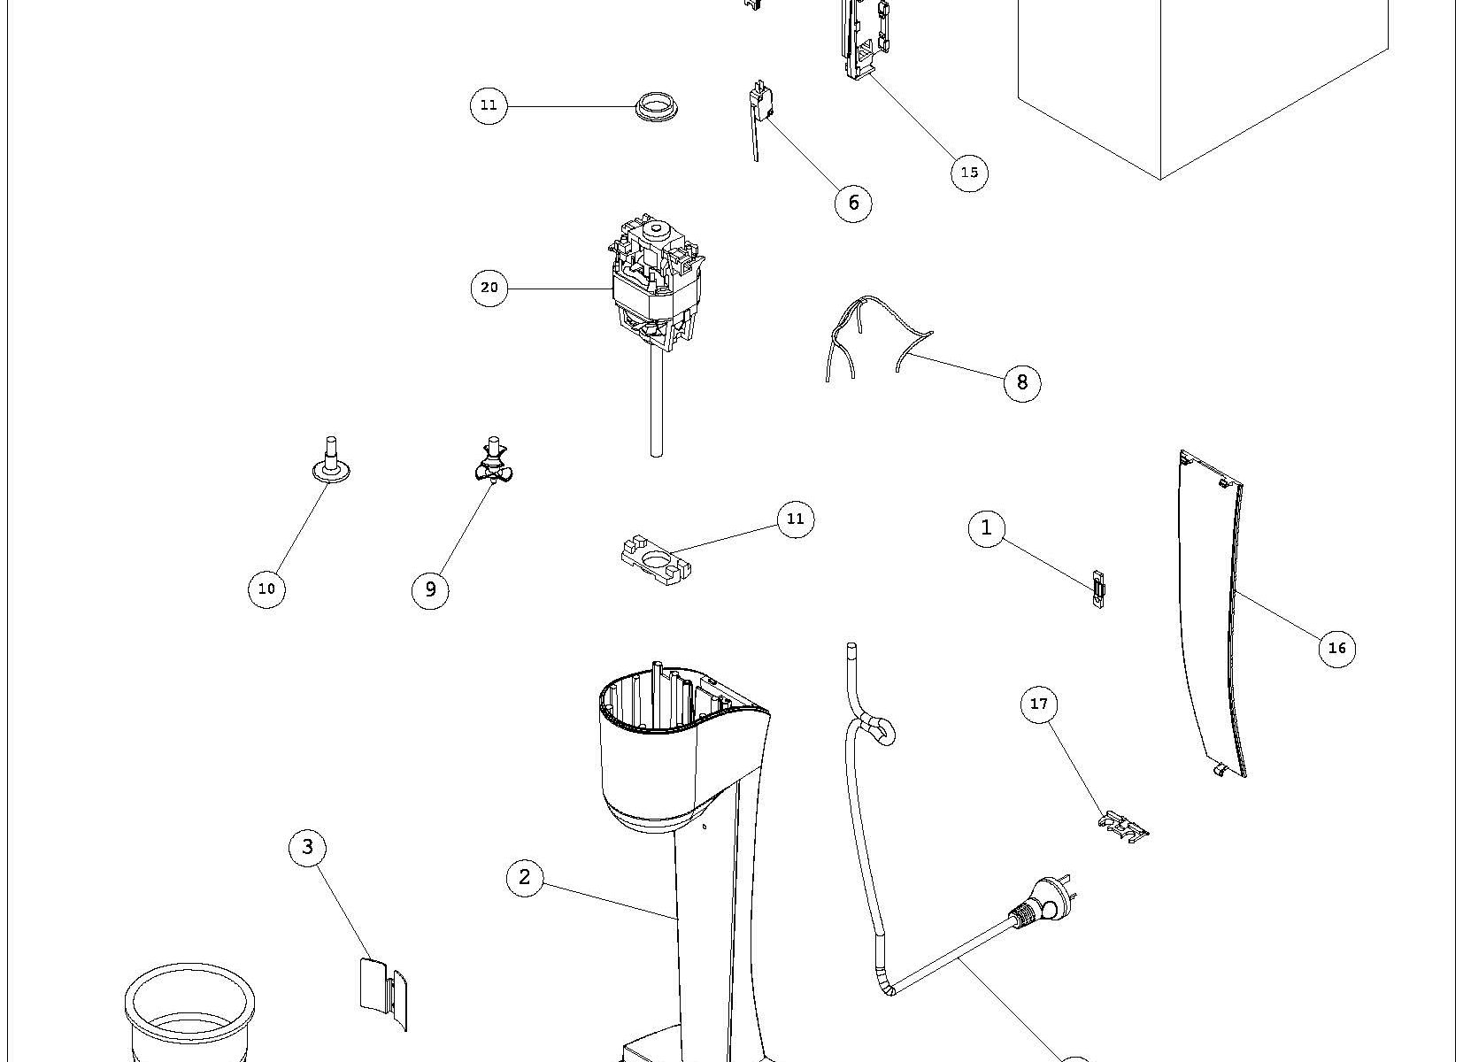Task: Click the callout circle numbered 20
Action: [x=489, y=288]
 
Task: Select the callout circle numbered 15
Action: [x=969, y=172]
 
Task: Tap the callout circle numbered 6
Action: [x=853, y=203]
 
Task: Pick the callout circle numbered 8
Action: [x=1022, y=381]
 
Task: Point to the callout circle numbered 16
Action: [x=1336, y=648]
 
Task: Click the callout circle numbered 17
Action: [x=1039, y=704]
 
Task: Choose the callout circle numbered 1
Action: [x=987, y=528]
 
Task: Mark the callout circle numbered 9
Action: [x=430, y=589]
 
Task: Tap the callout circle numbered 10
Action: [x=266, y=589]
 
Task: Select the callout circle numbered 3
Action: [x=307, y=847]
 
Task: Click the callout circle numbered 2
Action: [x=525, y=877]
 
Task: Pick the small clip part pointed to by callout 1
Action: [x=1098, y=589]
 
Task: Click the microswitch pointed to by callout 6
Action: [x=758, y=102]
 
